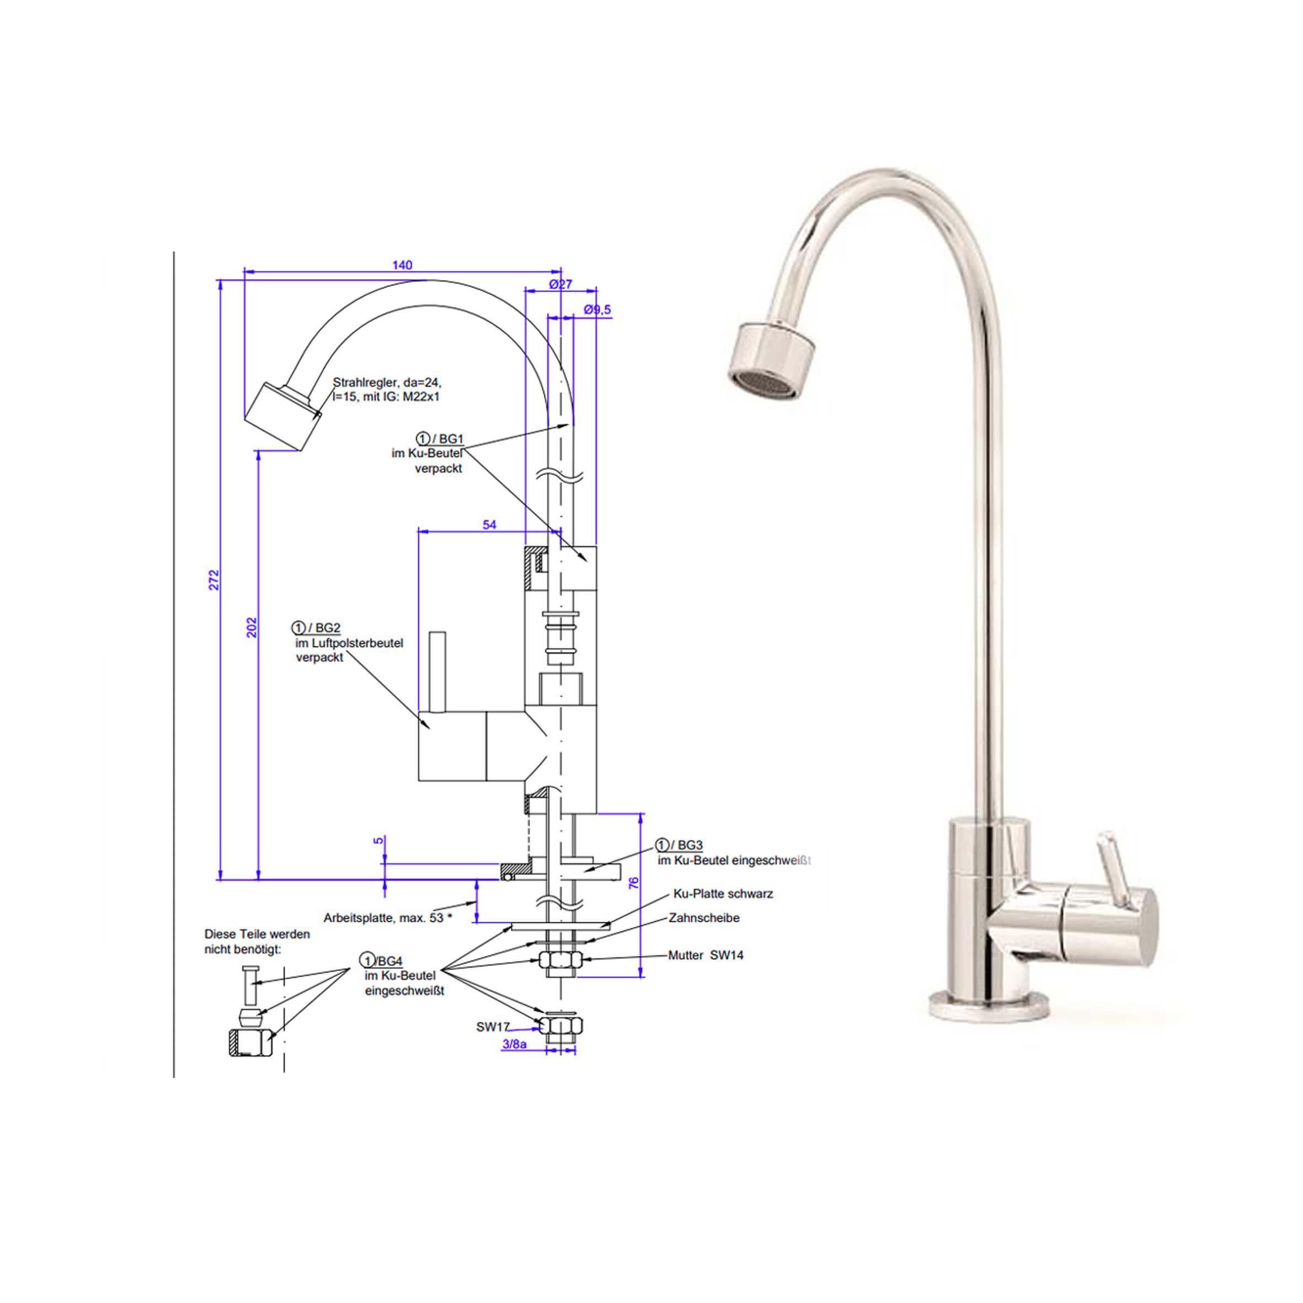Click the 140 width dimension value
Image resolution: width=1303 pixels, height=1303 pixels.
[x=402, y=265]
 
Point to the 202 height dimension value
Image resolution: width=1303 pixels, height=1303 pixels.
[x=252, y=628]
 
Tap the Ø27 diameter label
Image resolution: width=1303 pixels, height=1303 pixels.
[x=560, y=284]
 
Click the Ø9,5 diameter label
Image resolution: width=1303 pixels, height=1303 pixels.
[x=597, y=309]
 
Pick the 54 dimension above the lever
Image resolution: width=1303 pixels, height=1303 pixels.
[x=490, y=525]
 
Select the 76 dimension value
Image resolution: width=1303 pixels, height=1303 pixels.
[x=634, y=883]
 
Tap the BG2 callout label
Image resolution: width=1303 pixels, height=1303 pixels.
[x=316, y=628]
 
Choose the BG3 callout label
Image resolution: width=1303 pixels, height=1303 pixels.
[x=679, y=845]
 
